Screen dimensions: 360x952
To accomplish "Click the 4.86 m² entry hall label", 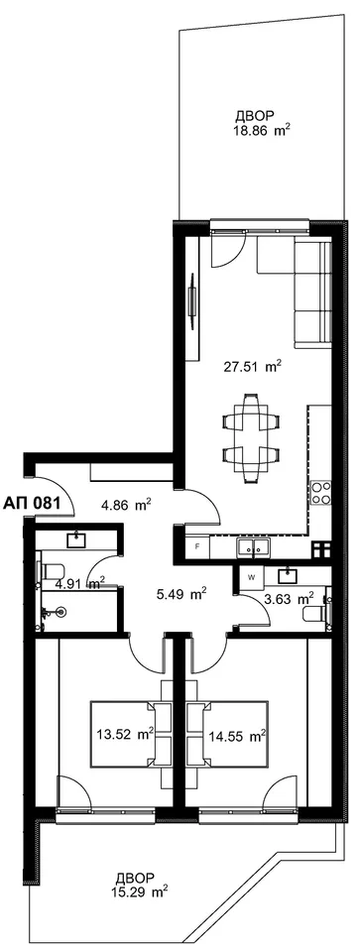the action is click(126, 505).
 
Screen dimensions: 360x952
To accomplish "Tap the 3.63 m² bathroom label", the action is click(289, 599).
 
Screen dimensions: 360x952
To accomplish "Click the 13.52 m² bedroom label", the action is click(124, 735).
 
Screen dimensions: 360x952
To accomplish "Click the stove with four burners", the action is click(320, 493).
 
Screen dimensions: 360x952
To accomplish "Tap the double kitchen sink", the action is click(254, 547).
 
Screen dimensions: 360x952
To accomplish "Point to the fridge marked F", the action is click(197, 546).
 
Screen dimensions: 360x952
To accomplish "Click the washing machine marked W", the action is click(251, 577).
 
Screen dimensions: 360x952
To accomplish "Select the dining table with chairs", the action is click(252, 437).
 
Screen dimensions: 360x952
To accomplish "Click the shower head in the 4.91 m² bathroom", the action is click(60, 612).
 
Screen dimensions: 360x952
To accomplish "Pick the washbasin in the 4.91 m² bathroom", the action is click(77, 540).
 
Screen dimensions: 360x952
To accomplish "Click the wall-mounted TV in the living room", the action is click(192, 301).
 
